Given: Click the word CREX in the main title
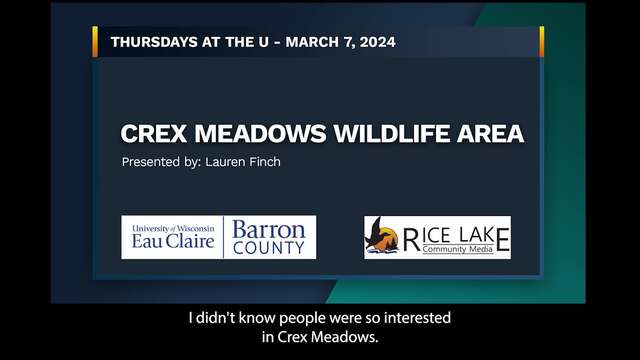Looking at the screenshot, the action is tap(154, 133).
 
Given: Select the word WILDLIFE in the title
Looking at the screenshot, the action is tap(391, 133).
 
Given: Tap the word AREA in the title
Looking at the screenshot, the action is tap(490, 133).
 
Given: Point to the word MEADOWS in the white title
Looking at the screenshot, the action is tap(260, 133).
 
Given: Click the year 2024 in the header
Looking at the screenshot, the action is tap(378, 42).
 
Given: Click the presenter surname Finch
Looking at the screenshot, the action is tap(264, 162).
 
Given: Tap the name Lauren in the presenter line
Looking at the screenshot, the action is tap(225, 162).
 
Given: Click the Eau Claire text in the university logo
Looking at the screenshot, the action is tap(173, 241).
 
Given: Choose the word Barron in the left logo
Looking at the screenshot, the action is tap(269, 230).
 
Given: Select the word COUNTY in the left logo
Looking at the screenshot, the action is tap(269, 248).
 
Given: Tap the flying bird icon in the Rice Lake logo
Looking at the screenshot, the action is tap(376, 235).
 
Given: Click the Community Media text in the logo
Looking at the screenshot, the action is tap(458, 249).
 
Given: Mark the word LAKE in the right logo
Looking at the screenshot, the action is tap(484, 236).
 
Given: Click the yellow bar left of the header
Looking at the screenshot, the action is tap(95, 42).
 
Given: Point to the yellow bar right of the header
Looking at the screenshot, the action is tap(542, 42).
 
